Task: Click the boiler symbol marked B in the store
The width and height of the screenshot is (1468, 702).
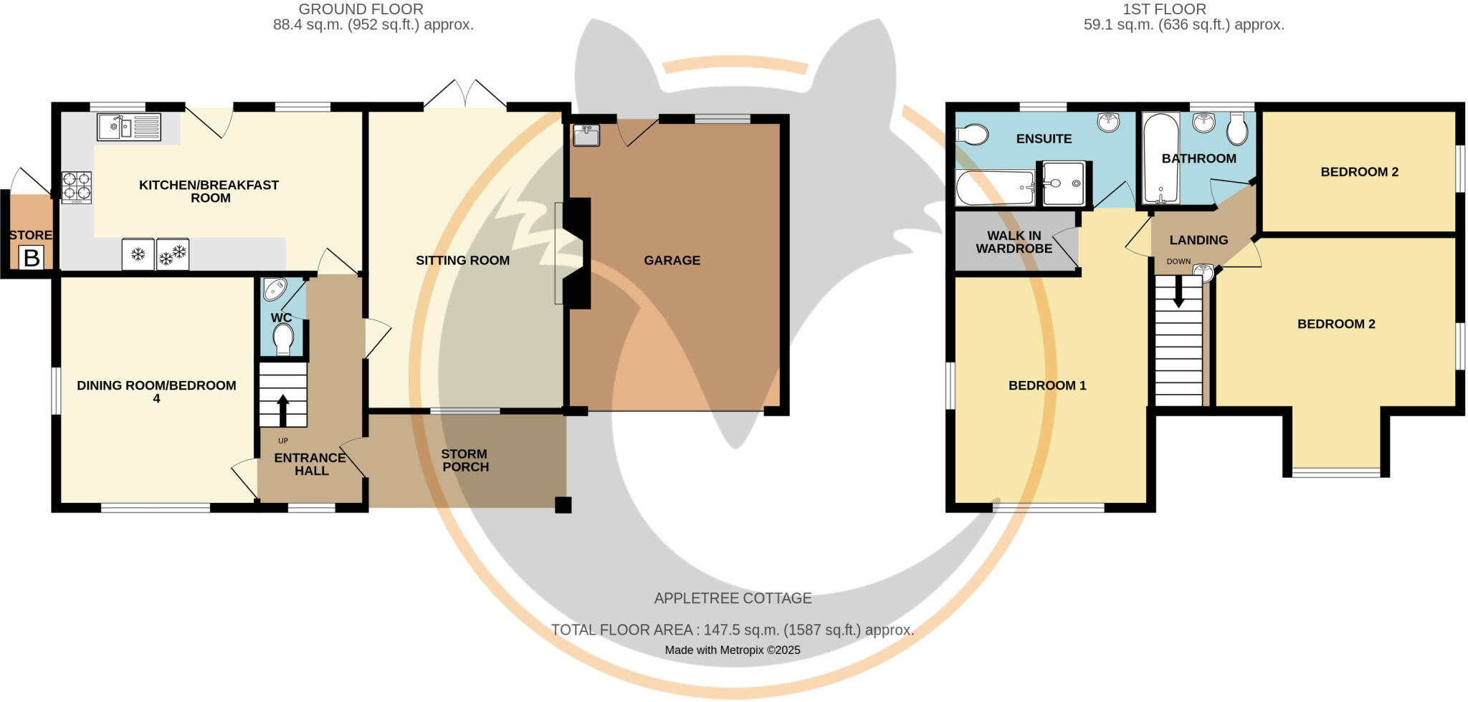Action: point(32,258)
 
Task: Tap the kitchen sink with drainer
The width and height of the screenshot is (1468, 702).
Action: point(129,128)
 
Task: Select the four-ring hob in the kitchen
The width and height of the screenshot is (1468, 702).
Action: point(76,186)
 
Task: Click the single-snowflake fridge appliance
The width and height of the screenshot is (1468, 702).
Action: point(138,254)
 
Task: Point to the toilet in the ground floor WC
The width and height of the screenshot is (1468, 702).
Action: point(284,338)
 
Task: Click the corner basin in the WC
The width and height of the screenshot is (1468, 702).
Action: point(275,289)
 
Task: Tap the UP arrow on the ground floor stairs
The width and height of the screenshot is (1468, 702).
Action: point(282,410)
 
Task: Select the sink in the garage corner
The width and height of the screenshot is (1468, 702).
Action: point(586,135)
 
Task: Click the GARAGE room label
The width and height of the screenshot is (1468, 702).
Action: point(672,261)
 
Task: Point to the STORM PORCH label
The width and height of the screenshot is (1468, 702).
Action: point(465,461)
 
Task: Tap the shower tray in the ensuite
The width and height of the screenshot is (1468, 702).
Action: point(1064,183)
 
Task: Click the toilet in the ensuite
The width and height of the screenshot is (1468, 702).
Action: point(972,135)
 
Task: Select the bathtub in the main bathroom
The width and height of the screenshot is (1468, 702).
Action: point(1160,158)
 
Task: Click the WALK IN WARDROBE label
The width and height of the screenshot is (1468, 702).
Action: point(1014,242)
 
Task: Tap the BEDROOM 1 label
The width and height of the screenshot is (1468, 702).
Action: point(1047,385)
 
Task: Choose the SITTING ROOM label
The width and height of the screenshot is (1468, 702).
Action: point(462,261)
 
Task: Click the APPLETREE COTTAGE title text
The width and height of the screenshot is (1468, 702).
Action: point(733,598)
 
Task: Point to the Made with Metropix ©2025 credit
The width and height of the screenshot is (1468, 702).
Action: point(733,650)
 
